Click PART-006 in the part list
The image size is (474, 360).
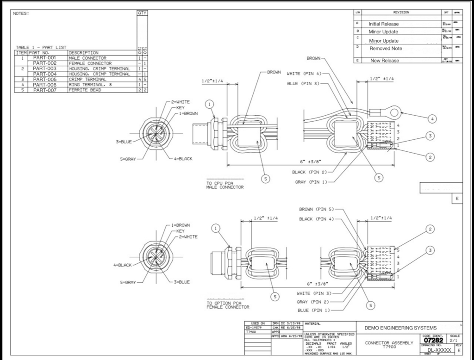(44, 85)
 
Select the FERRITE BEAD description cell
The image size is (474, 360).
(85, 90)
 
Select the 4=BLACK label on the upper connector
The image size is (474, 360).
(183, 159)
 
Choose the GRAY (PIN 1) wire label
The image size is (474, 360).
(312, 182)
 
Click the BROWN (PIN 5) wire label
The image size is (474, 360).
(316, 209)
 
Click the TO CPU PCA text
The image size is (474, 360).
(219, 183)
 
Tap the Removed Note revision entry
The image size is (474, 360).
(386, 48)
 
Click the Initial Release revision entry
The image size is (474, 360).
(383, 24)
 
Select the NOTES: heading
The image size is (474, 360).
(21, 13)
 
